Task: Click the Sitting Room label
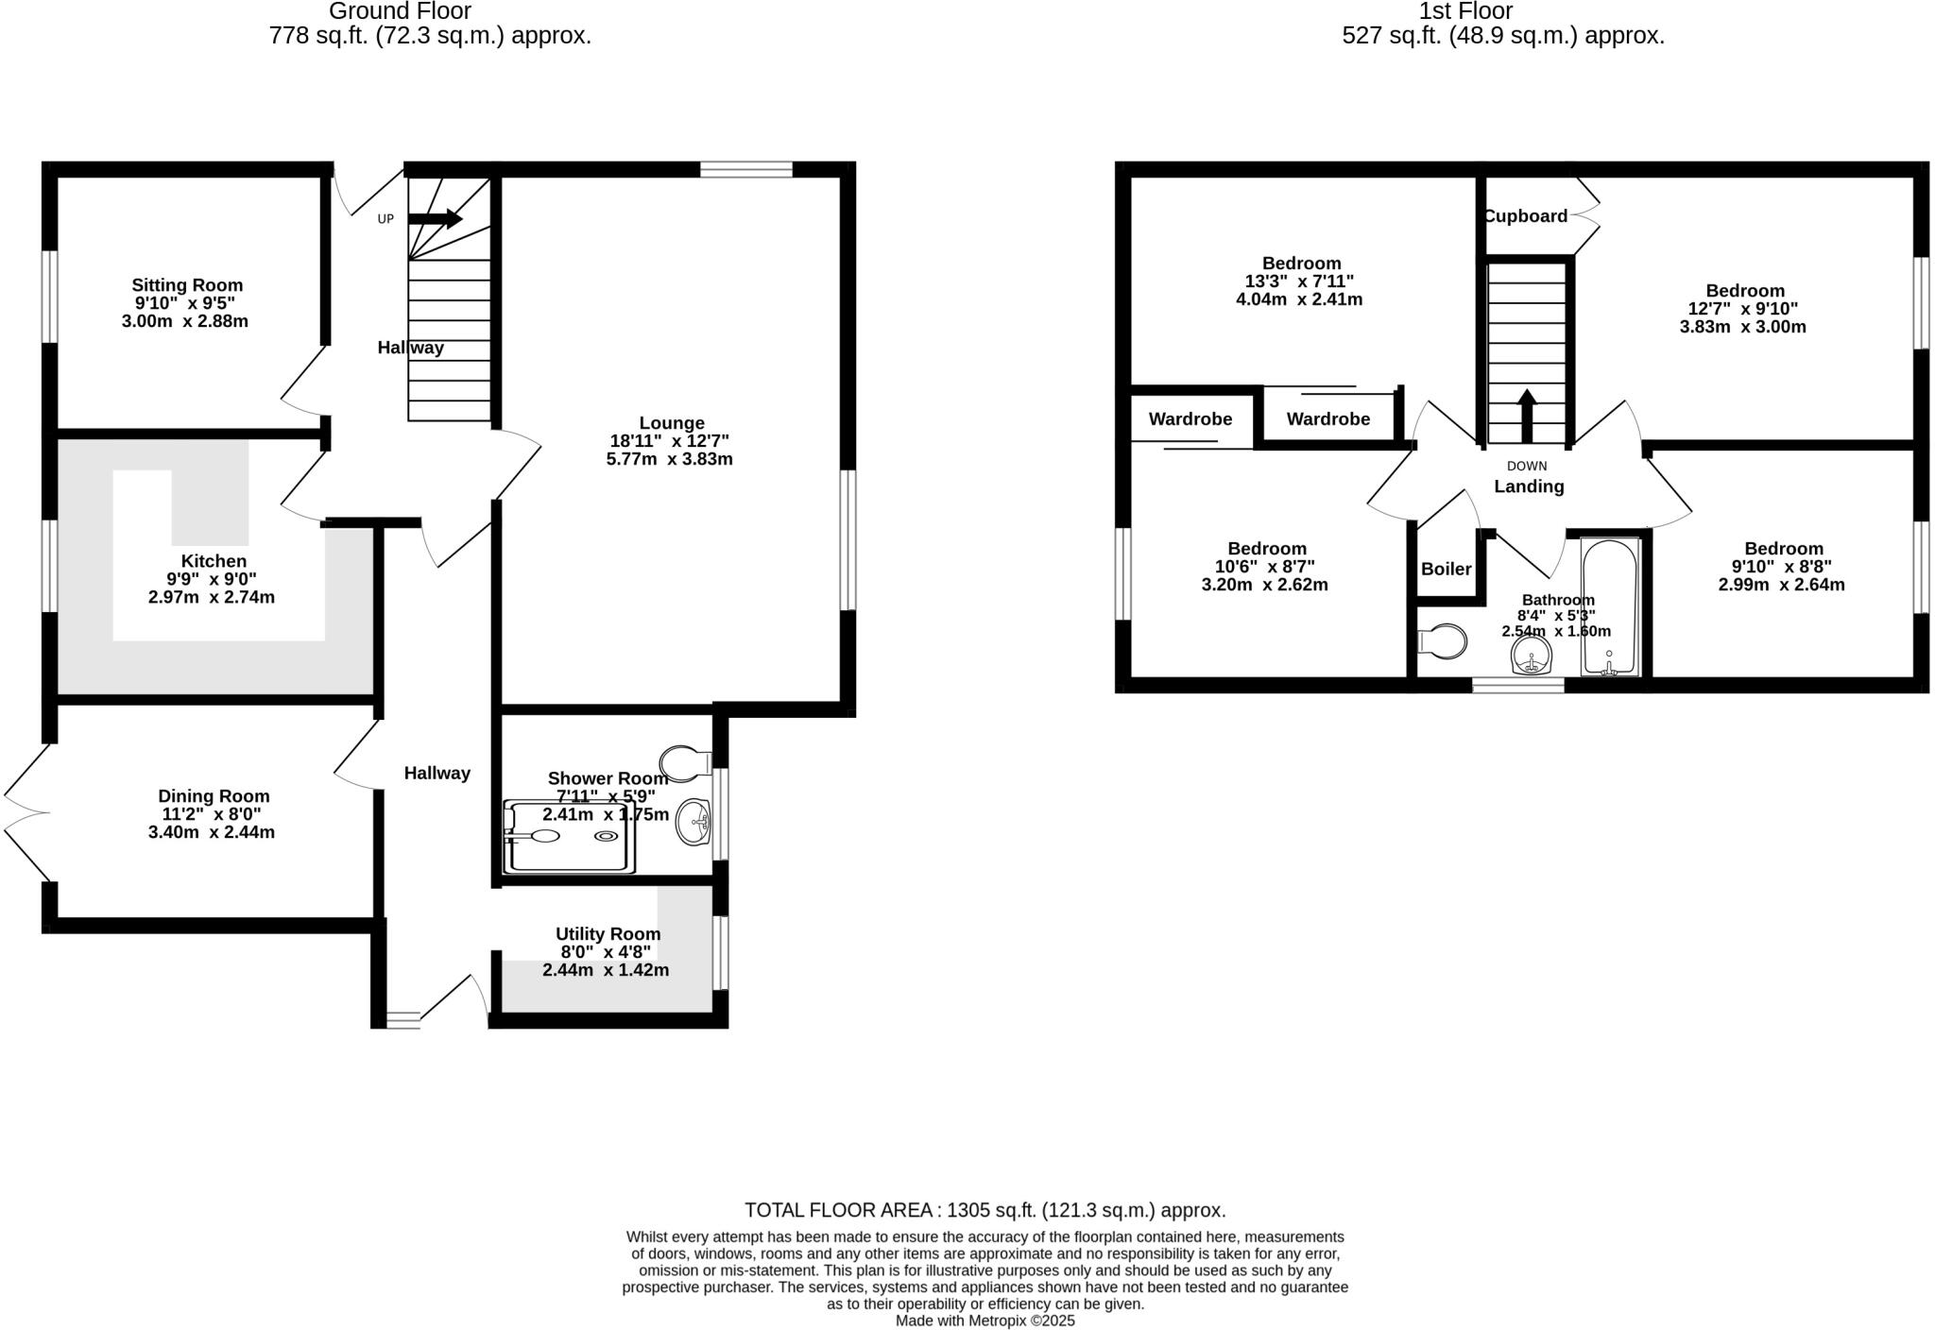pos(187,285)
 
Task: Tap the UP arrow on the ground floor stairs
pos(436,219)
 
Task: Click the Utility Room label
pos(608,934)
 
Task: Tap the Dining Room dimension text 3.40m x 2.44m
pos(212,832)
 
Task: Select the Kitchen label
pos(214,561)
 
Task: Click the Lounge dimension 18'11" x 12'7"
pos(670,441)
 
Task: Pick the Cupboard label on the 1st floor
pos(1525,216)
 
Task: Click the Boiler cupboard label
pos(1446,569)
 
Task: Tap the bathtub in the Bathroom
pos(1610,606)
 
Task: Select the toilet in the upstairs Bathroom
pos(1443,641)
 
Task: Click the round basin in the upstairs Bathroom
pos(1532,655)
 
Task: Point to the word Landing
pos(1529,486)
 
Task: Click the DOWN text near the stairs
pos(1527,466)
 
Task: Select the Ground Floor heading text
pos(400,11)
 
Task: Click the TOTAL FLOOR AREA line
pos(985,1210)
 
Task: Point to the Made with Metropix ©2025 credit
pos(985,1321)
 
